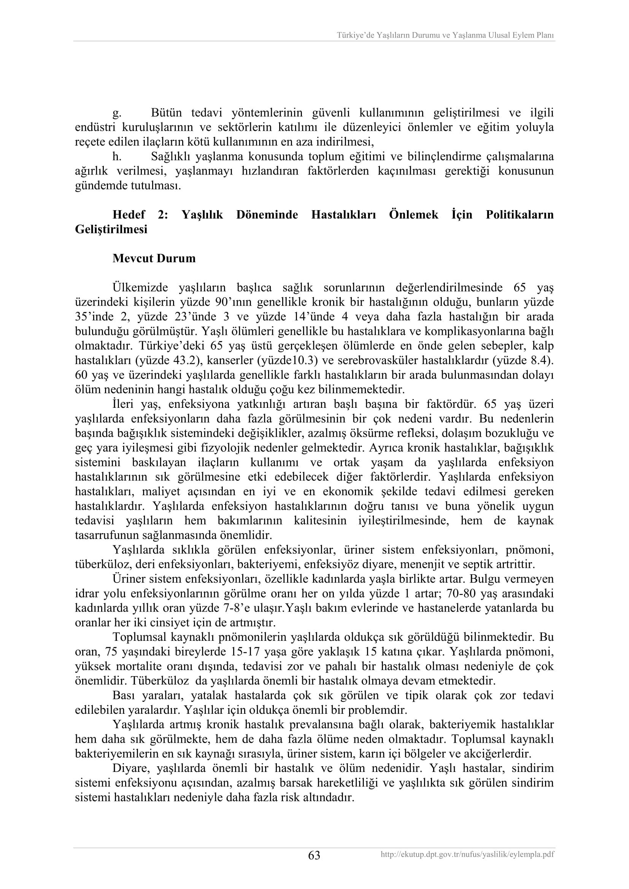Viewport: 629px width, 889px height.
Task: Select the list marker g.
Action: [x=117, y=113]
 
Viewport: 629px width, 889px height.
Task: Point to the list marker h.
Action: [x=117, y=157]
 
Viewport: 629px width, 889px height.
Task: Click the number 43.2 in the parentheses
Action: [x=186, y=360]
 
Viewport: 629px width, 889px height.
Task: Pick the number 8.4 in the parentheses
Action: [x=541, y=360]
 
